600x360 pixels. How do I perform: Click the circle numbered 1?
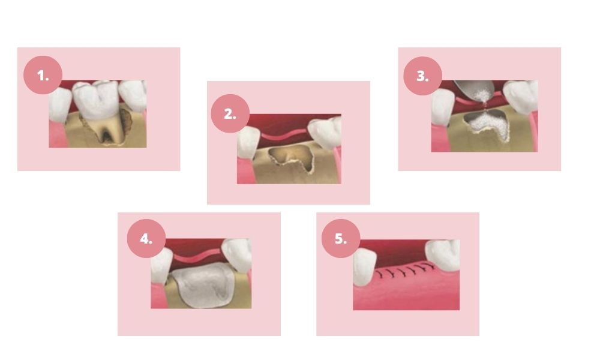[43, 75]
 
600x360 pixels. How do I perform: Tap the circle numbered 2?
[230, 113]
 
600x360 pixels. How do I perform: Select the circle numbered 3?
[423, 76]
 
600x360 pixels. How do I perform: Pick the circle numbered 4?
[146, 238]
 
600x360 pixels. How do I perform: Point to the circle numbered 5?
[341, 238]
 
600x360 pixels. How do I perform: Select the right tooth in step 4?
[237, 255]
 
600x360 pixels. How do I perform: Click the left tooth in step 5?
[365, 266]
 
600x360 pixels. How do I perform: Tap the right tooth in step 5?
[443, 255]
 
